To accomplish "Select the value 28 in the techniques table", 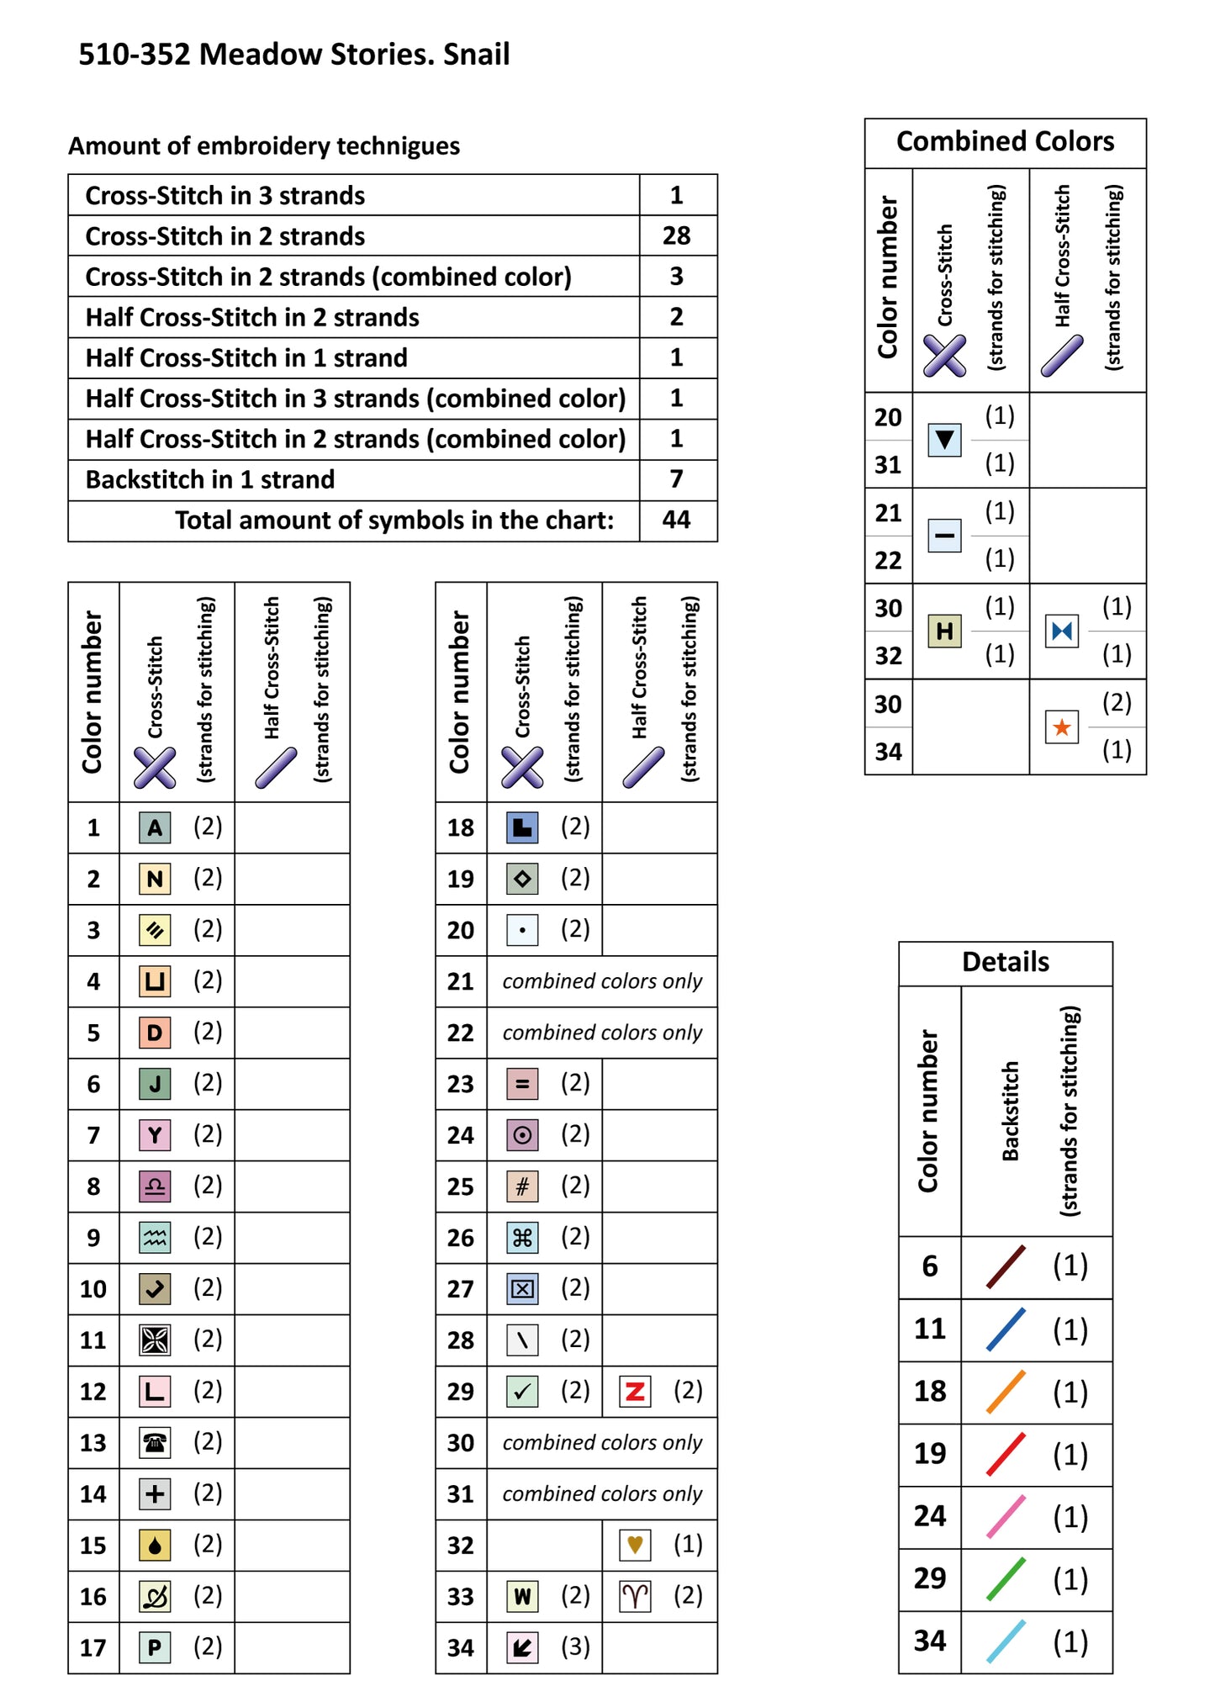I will pos(676,235).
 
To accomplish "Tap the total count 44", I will pos(676,520).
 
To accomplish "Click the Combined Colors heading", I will pos(1005,141).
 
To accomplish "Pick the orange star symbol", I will pos(1062,727).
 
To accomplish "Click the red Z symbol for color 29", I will pos(635,1392).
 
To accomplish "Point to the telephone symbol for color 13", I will pos(155,1443).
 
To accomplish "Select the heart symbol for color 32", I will pos(635,1545).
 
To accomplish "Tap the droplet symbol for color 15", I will pos(155,1546).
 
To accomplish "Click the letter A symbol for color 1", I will pos(155,827).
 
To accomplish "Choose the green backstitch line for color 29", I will pos(1006,1578).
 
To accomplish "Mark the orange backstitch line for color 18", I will pos(1006,1392).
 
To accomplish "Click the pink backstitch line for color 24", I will pos(1006,1516).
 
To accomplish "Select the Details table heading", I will pos(1005,962).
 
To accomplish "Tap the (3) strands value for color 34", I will pos(575,1646).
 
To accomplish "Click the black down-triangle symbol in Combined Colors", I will pos(944,440).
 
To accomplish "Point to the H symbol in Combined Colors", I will pos(944,631).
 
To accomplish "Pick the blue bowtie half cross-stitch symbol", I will pos(1062,631).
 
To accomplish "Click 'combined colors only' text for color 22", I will pos(602,1033).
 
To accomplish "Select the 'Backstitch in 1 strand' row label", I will pos(210,479).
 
